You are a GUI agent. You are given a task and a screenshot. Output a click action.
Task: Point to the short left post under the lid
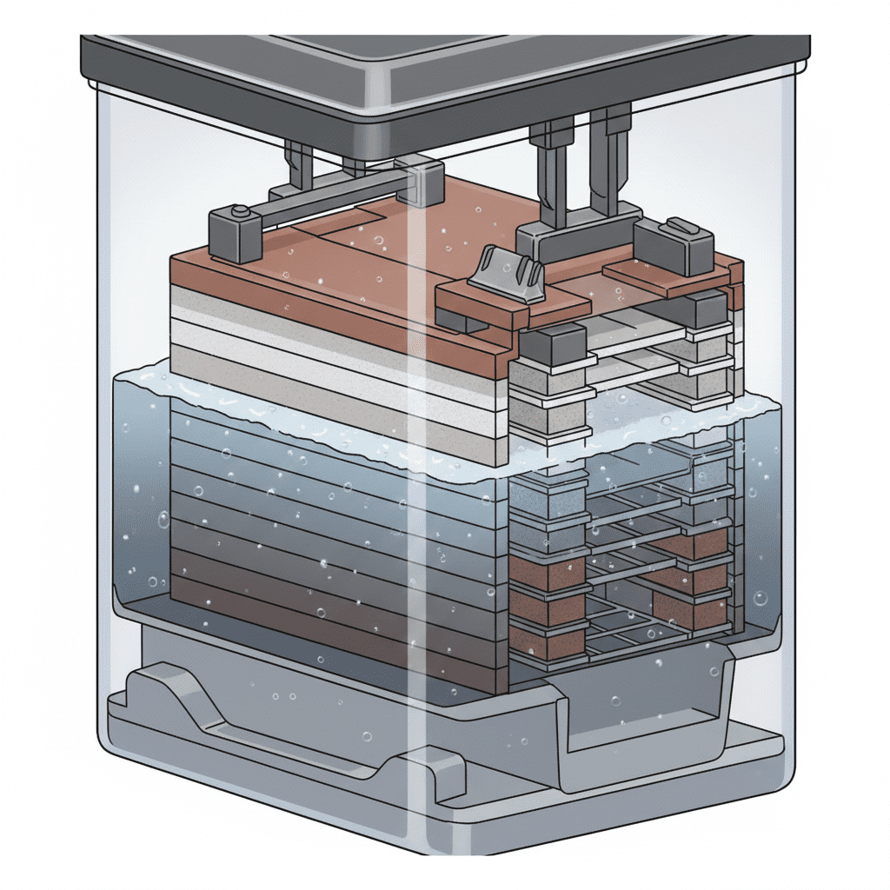click(x=300, y=165)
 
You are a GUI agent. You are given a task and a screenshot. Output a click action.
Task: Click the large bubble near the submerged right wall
click(x=760, y=599)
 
